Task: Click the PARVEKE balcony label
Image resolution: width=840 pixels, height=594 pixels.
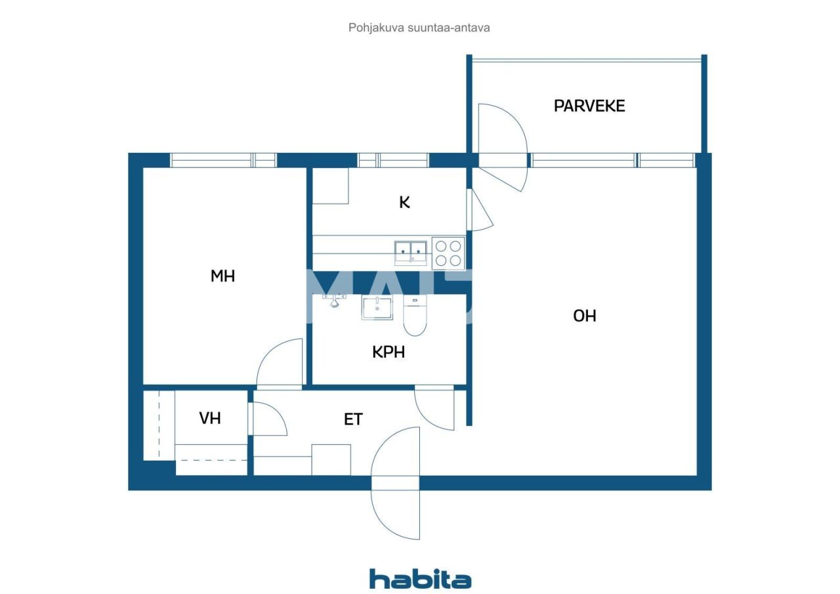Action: click(x=589, y=106)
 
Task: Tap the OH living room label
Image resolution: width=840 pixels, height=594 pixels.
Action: click(x=585, y=316)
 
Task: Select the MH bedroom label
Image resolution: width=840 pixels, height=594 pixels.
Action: click(x=222, y=276)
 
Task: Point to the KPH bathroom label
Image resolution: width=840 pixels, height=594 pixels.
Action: click(x=388, y=352)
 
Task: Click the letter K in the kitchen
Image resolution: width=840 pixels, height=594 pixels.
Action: click(x=405, y=202)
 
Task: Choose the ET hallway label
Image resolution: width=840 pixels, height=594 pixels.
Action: click(x=353, y=419)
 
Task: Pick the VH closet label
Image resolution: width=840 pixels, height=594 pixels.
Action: click(x=210, y=418)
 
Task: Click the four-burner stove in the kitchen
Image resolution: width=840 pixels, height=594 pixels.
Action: click(x=449, y=253)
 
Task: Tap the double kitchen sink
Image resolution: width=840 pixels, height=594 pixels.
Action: click(x=411, y=252)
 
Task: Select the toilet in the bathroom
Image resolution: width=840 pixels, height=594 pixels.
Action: click(x=414, y=318)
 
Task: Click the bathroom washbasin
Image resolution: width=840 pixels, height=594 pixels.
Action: click(x=377, y=308)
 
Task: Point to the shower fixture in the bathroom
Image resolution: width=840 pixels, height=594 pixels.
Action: click(x=335, y=300)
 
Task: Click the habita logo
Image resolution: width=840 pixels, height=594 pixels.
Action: click(x=420, y=580)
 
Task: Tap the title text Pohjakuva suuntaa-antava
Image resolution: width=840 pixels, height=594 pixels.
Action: click(x=419, y=28)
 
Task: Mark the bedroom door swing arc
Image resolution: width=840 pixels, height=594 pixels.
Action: click(x=278, y=364)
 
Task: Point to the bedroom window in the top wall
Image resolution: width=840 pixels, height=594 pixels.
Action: click(x=223, y=160)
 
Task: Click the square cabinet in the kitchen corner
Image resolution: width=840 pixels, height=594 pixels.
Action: click(x=330, y=186)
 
